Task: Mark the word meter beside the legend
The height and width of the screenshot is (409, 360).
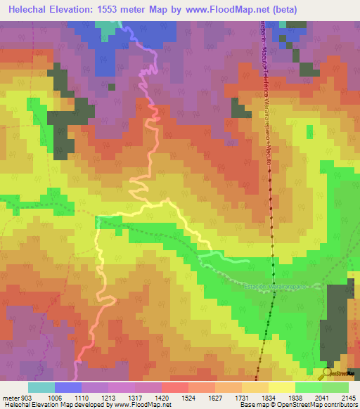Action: tap(9, 398)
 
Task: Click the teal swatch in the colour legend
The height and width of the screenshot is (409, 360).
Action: tap(41, 387)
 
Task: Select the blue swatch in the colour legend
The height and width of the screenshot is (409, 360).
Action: tap(67, 387)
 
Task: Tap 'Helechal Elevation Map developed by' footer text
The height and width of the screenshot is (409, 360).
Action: tap(56, 405)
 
